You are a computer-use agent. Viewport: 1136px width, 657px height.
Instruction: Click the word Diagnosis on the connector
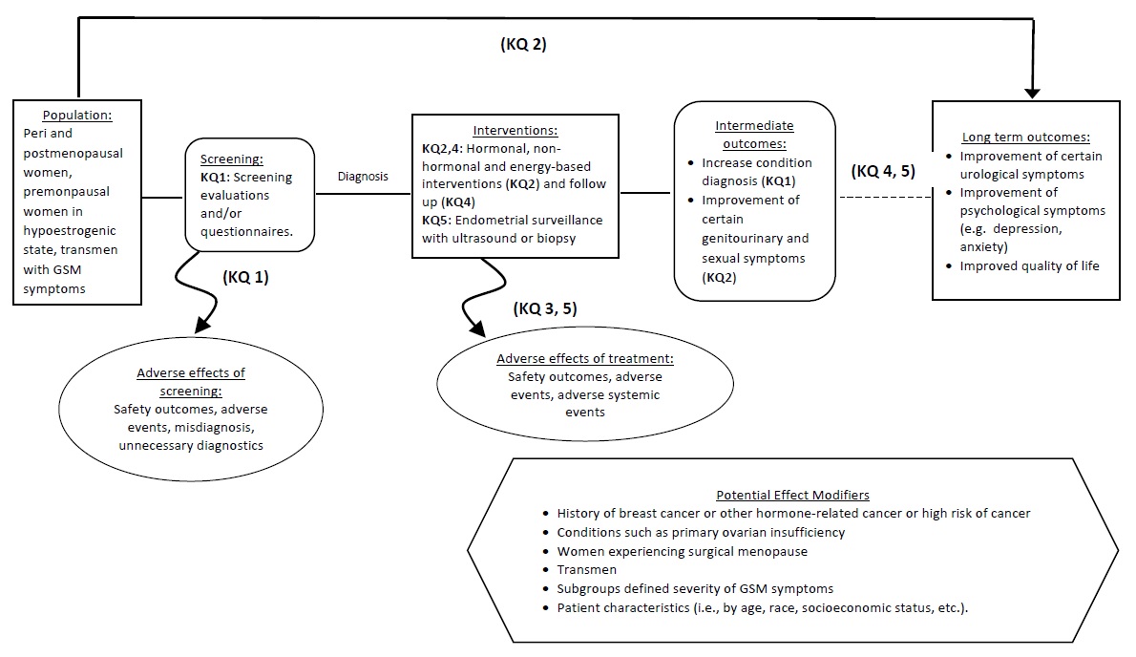coord(364,177)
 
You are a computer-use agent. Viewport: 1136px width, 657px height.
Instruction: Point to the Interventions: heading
coord(515,130)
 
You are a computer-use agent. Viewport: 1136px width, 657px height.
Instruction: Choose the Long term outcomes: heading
coord(1024,138)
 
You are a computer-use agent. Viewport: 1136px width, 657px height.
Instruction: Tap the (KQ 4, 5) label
coord(883,173)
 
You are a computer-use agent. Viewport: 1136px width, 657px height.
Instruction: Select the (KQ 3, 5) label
coord(546,308)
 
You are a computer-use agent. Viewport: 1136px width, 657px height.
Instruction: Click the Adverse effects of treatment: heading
coord(585,359)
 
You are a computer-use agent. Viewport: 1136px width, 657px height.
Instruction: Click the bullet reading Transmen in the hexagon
coord(587,570)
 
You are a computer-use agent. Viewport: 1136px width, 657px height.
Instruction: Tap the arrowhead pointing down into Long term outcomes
coord(1033,93)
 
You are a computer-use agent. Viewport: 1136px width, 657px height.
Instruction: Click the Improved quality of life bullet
coord(1029,266)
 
